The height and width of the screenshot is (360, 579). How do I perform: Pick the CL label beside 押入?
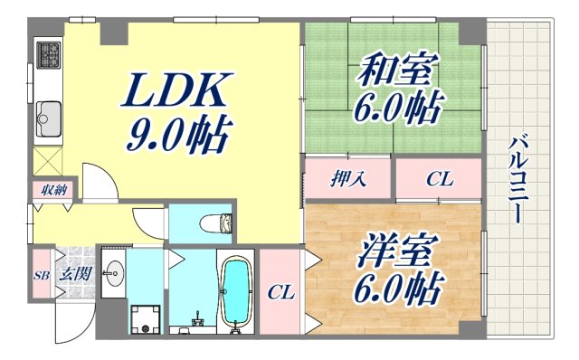click(x=439, y=179)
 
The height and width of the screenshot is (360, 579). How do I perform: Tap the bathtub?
click(x=237, y=291)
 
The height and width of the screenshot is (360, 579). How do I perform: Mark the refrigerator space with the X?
click(x=48, y=162)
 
